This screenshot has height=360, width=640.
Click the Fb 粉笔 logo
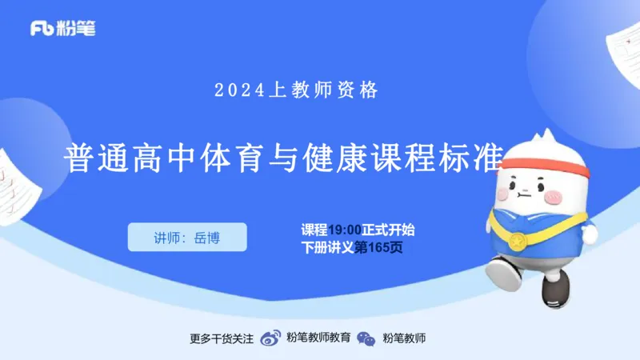click(63, 29)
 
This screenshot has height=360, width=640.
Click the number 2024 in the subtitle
click(239, 90)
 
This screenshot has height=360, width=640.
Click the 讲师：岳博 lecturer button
click(187, 238)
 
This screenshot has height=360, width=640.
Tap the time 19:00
click(345, 230)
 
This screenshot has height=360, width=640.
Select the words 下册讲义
click(327, 248)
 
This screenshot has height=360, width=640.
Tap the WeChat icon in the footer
click(366, 338)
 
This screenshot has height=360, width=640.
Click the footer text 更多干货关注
click(222, 338)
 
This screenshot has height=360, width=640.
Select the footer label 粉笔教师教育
click(318, 338)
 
